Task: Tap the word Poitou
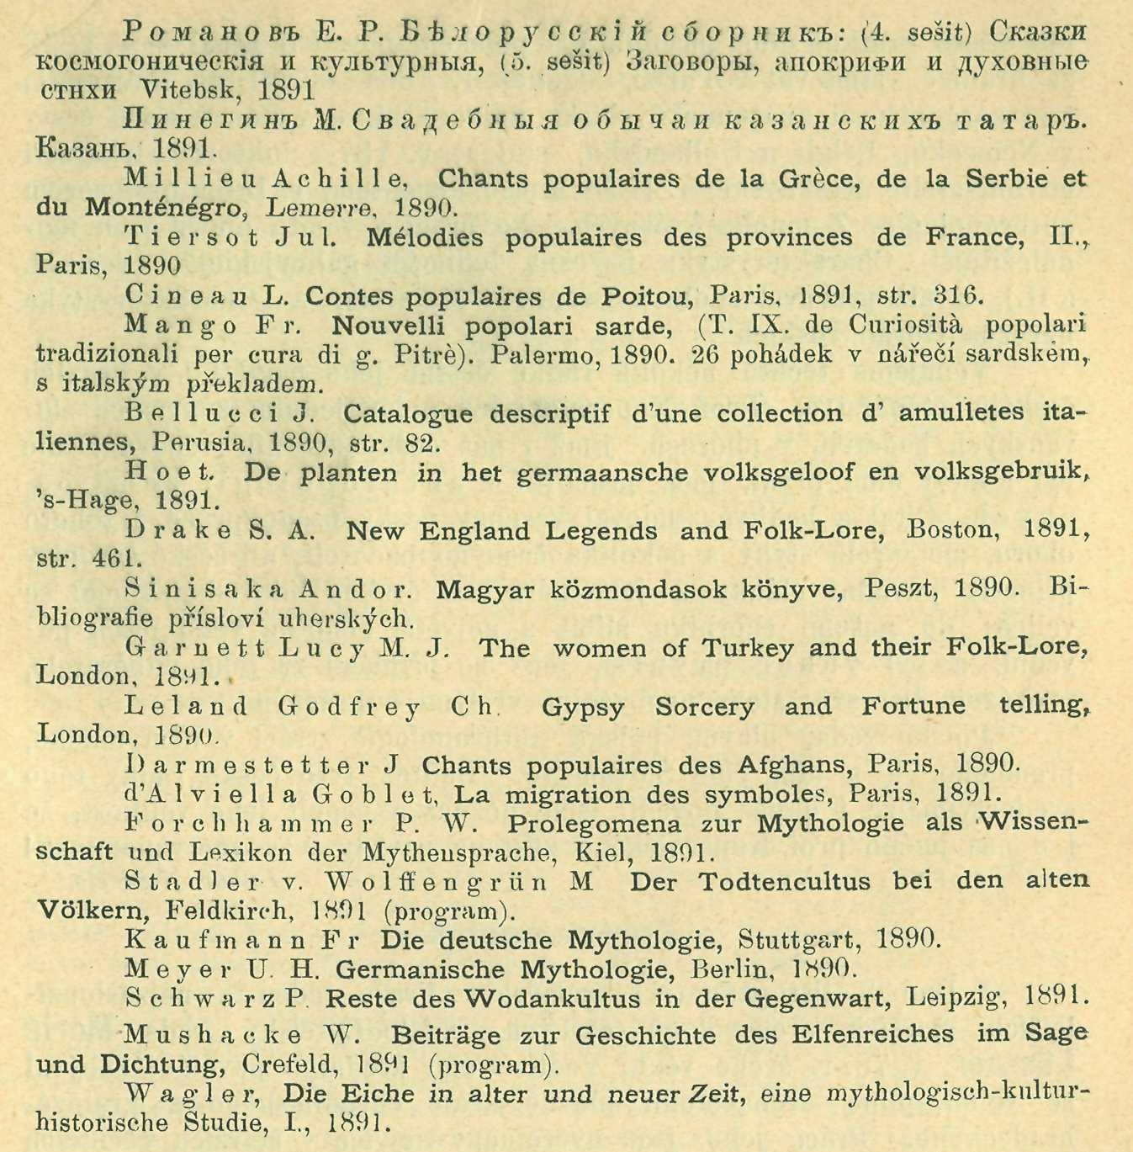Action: tap(648, 297)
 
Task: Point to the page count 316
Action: tap(958, 296)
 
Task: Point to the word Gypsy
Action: tap(583, 708)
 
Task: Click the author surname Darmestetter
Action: tap(247, 766)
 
